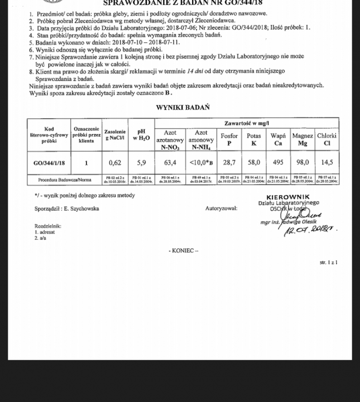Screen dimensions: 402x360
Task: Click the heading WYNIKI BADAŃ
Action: [183, 107]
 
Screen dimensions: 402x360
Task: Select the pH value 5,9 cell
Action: [142, 162]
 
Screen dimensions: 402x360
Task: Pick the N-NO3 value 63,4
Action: [170, 162]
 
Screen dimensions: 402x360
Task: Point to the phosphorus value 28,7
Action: [229, 162]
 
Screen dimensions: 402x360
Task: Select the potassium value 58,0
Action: [254, 162]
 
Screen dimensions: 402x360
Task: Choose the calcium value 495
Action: [277, 162]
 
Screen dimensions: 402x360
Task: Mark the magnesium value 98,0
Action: [303, 162]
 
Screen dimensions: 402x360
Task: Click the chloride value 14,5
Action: [327, 162]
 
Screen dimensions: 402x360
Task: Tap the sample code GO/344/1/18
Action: [49, 162]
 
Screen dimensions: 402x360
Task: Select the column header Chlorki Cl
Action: [327, 139]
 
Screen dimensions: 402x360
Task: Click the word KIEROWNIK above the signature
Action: [284, 197]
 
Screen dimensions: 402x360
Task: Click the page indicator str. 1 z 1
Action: [328, 262]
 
